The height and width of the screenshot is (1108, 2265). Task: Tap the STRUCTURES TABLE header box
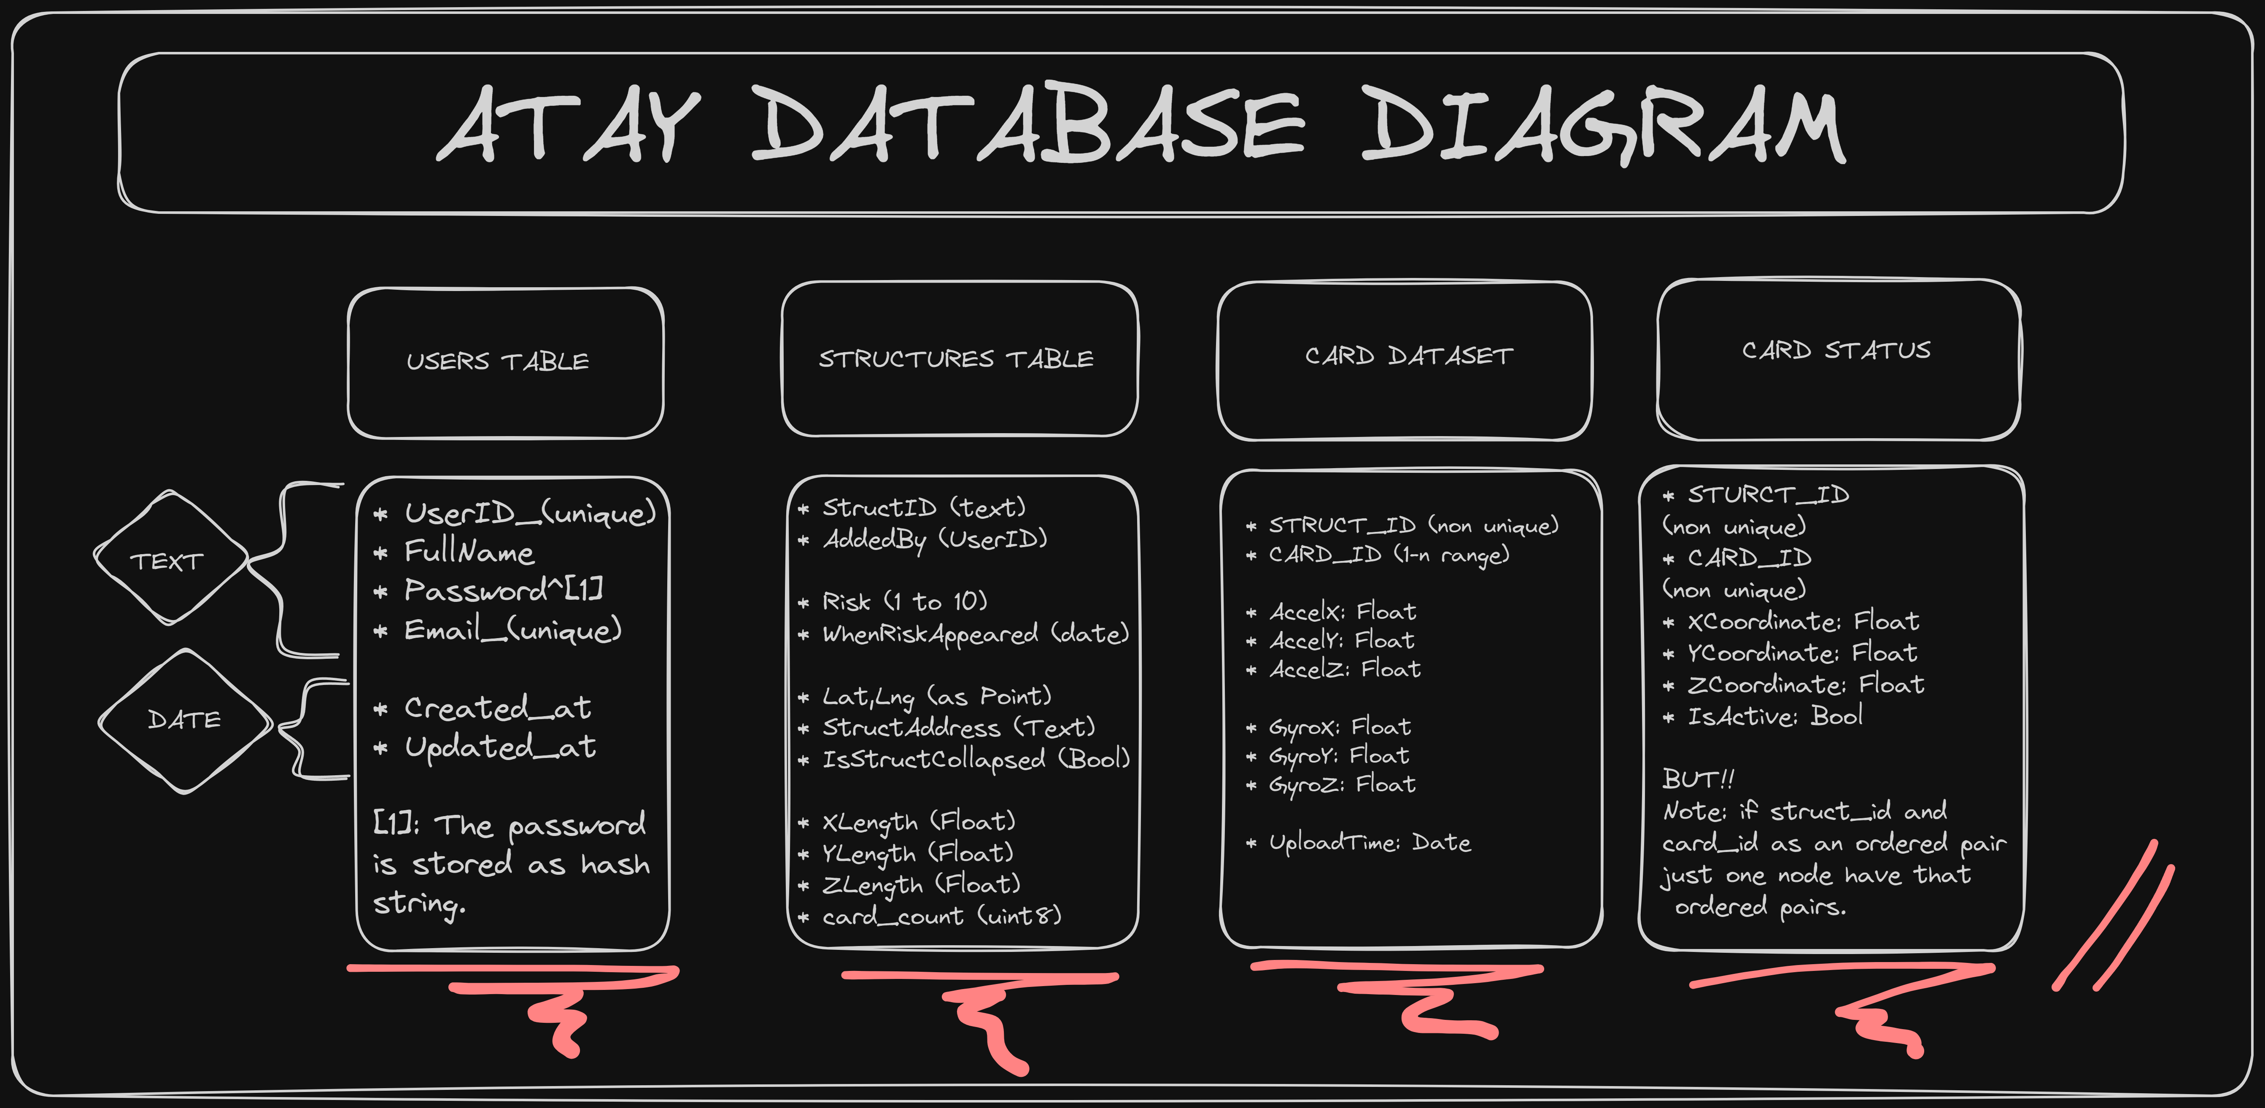click(x=958, y=359)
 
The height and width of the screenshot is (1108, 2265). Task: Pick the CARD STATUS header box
click(x=1838, y=359)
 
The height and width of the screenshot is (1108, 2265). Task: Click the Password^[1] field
click(x=503, y=590)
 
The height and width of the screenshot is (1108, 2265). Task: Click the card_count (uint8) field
click(x=941, y=916)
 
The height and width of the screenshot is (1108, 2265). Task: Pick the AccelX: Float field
click(x=1342, y=611)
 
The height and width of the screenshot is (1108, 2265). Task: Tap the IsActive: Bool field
click(x=1774, y=717)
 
